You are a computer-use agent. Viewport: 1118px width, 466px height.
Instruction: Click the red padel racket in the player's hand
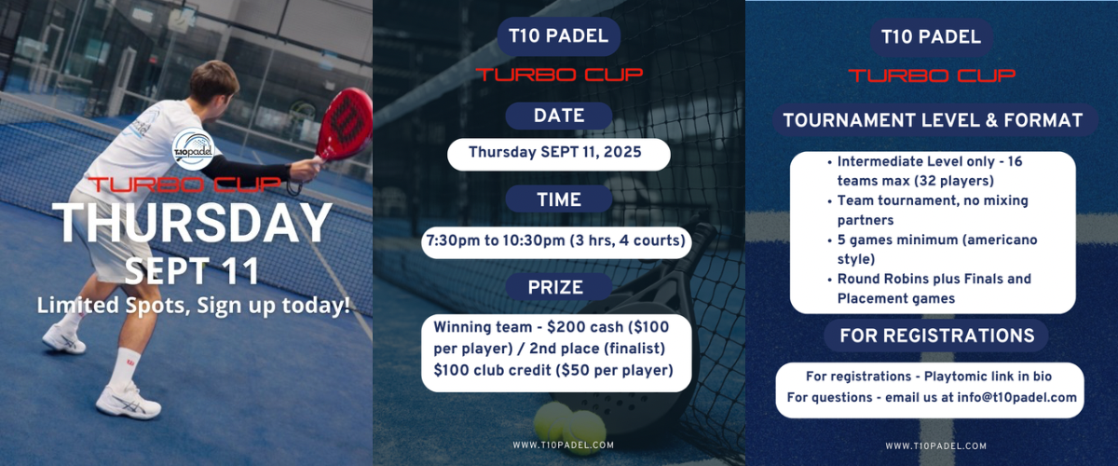345,125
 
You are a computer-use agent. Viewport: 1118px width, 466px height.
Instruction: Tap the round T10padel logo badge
193,149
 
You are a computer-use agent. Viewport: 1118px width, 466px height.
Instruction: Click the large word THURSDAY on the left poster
193,223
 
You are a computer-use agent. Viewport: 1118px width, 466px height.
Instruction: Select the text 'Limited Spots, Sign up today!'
193,305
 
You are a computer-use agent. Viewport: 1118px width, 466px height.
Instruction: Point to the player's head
212,82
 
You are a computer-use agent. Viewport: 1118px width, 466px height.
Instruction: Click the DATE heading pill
558,116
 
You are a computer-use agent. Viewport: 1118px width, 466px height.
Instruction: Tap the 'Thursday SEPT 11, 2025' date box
558,155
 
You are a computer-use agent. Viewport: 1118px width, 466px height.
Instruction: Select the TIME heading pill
558,199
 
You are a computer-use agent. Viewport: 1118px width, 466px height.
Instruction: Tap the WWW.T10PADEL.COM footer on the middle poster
563,445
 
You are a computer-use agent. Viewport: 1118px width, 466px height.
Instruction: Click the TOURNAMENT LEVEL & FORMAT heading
933,120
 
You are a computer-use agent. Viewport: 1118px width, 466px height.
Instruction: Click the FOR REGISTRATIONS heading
936,336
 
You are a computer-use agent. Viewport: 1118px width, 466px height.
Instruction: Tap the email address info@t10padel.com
1016,398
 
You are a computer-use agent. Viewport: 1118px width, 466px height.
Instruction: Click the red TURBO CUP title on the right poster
932,75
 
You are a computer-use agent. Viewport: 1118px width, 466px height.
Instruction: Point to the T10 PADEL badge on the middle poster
558,36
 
